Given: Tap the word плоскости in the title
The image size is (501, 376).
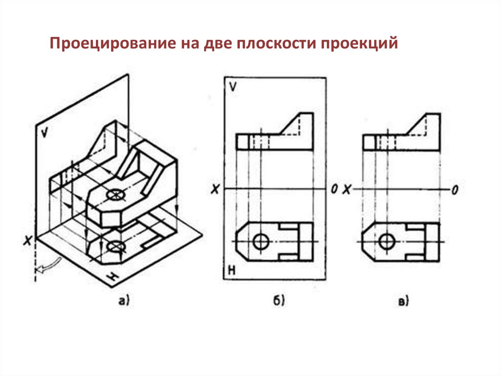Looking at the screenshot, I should [x=276, y=45].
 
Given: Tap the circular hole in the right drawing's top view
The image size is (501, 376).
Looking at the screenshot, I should [x=388, y=241].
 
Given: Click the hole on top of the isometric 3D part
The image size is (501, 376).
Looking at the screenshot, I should [x=115, y=195].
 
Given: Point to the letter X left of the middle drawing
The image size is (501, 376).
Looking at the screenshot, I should [x=214, y=189].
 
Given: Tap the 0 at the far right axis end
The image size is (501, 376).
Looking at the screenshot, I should [x=455, y=190].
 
